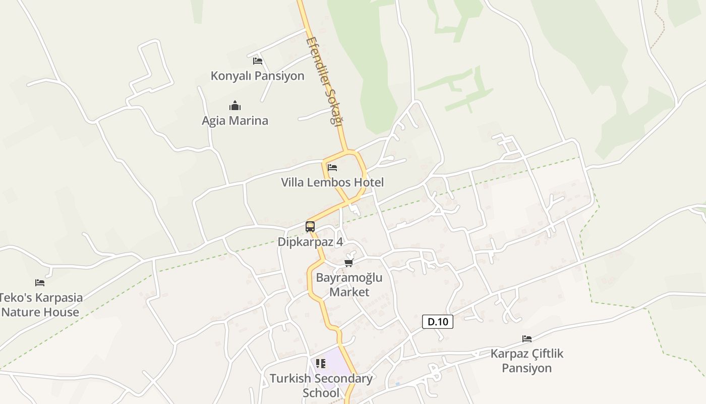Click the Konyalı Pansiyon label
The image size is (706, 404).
(257, 76)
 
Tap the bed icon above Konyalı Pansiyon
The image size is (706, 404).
(258, 61)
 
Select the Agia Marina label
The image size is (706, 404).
(235, 121)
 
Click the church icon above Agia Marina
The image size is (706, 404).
(235, 106)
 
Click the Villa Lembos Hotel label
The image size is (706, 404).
(332, 182)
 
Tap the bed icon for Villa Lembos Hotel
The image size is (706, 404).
(332, 168)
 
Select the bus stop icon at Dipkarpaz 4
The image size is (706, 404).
(310, 227)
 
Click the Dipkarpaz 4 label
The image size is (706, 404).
(310, 242)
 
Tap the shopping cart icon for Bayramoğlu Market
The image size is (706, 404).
(348, 263)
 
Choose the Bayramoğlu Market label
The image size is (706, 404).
(349, 285)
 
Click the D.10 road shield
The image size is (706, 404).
(438, 322)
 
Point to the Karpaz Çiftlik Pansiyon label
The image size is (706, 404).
(527, 361)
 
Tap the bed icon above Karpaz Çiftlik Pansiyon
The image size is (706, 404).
(527, 339)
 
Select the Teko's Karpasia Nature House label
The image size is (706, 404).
(40, 305)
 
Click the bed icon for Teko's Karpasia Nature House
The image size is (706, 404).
(40, 283)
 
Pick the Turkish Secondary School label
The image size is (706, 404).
(321, 385)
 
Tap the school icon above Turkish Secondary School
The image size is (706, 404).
(321, 364)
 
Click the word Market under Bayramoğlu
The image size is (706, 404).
(349, 292)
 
